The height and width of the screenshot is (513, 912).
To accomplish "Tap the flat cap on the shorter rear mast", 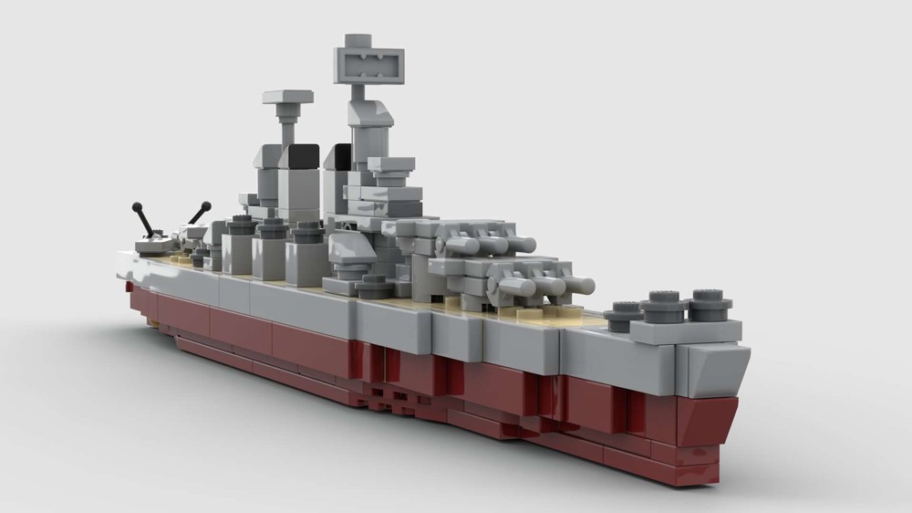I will coord(288,97).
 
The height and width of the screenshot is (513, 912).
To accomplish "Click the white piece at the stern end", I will coord(128,267).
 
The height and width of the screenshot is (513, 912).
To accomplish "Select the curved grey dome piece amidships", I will coord(347,246).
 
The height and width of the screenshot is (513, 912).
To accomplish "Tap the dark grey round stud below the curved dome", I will coord(373,286).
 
